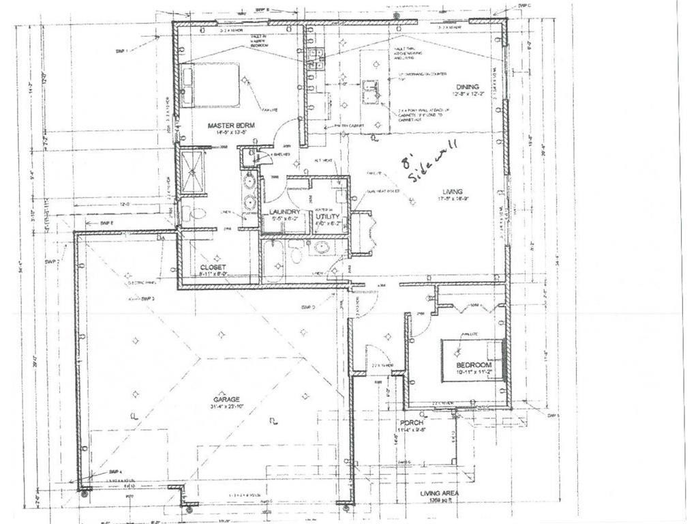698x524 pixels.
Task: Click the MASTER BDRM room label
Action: click(x=230, y=126)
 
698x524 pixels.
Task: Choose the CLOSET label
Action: click(x=213, y=267)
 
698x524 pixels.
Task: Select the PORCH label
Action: click(x=413, y=423)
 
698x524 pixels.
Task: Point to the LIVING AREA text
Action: click(x=440, y=493)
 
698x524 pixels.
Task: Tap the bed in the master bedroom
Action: click(x=213, y=85)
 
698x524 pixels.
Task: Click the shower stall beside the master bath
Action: click(x=193, y=171)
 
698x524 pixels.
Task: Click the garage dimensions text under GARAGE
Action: click(x=225, y=407)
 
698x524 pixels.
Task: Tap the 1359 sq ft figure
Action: click(x=440, y=500)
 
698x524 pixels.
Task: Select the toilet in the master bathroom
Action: click(x=194, y=213)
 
